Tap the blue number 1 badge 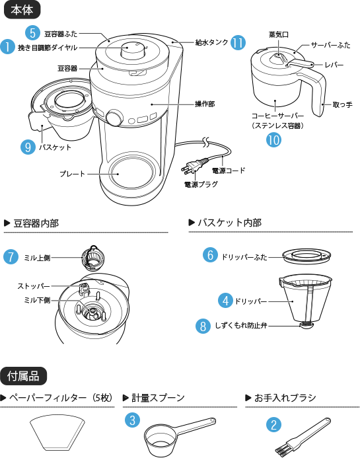click(7, 47)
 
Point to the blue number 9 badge click(28, 147)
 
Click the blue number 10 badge click(273, 139)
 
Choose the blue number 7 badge click(209, 255)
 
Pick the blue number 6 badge click(11, 257)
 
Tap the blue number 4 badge click(225, 301)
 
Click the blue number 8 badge click(204, 326)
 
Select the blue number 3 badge click(133, 420)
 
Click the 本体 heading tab click(22, 10)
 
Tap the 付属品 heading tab click(24, 376)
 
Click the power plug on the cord click(197, 166)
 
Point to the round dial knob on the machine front click(113, 118)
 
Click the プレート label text click(71, 174)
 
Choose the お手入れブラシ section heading click(285, 398)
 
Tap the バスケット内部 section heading click(229, 223)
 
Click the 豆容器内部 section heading click(36, 223)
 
